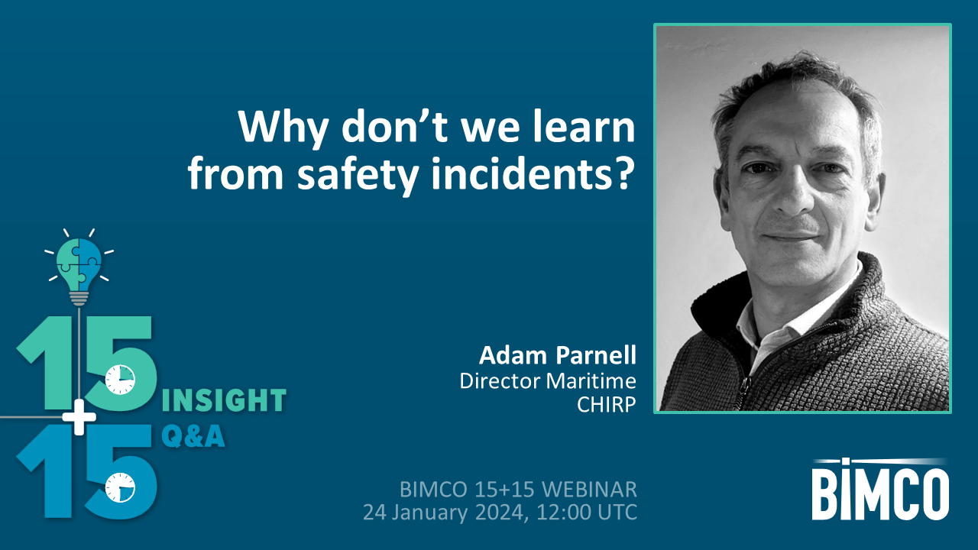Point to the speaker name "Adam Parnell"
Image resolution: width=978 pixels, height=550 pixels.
(558, 355)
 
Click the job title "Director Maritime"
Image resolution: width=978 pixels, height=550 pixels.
(548, 380)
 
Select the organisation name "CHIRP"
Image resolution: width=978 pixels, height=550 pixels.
(607, 405)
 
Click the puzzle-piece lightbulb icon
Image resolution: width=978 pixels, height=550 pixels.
(79, 264)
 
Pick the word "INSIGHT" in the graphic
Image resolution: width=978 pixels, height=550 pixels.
(225, 400)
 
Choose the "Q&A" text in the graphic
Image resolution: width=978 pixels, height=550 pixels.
(193, 436)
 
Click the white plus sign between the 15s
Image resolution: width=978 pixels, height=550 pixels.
(80, 417)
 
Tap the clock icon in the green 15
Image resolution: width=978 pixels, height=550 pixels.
(119, 379)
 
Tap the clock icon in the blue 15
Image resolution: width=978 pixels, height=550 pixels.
(119, 486)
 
